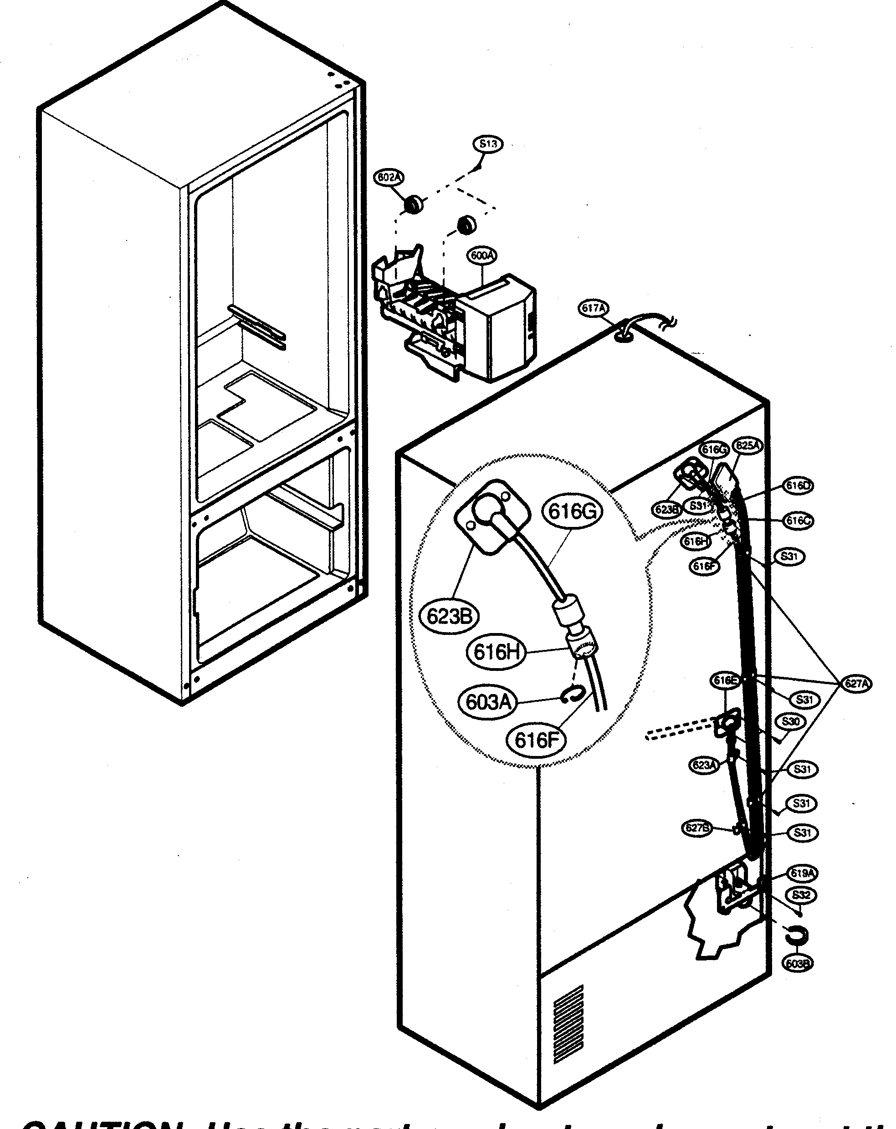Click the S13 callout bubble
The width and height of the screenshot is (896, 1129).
click(487, 143)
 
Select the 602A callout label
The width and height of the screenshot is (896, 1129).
click(388, 178)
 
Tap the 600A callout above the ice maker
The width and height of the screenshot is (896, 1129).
click(482, 255)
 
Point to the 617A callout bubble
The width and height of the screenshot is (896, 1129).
click(594, 308)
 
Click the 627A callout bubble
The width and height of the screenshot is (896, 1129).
click(857, 684)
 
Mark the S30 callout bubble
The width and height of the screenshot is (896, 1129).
click(790, 721)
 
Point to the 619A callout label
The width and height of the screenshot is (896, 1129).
click(802, 874)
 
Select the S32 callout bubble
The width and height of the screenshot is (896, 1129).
click(801, 895)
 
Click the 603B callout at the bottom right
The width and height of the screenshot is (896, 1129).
click(798, 962)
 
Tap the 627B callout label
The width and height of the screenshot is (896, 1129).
click(697, 828)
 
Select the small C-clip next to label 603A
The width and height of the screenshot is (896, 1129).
click(570, 695)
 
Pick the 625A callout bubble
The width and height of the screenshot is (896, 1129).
click(748, 445)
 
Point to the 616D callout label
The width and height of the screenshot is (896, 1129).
click(798, 485)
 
